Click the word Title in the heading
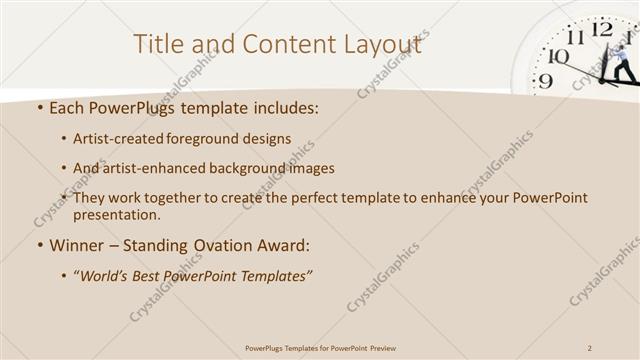(160, 43)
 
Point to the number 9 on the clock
(544, 81)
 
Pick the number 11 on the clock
(575, 37)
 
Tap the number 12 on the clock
(602, 29)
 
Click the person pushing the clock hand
(622, 62)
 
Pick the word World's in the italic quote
(105, 275)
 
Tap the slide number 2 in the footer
(591, 348)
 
